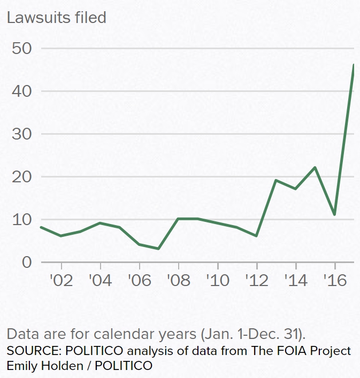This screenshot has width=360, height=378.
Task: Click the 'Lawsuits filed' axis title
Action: click(56, 18)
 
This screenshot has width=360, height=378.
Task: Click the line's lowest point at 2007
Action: click(159, 249)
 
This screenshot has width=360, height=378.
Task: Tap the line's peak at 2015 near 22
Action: click(315, 167)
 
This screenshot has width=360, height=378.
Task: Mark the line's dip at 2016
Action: click(334, 214)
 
